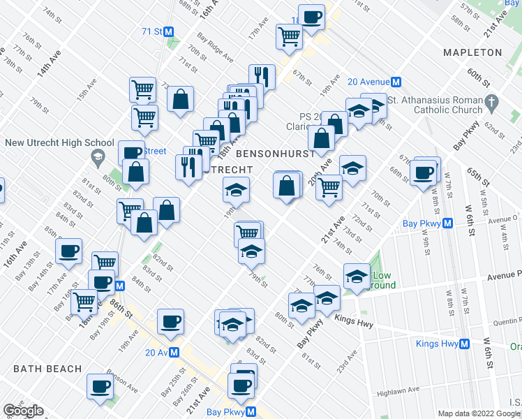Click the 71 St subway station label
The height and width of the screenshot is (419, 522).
click(x=151, y=31)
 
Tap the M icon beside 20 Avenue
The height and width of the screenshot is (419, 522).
click(x=395, y=81)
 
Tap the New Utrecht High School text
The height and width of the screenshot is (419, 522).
click(x=59, y=143)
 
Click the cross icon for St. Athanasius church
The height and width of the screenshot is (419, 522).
click(x=491, y=103)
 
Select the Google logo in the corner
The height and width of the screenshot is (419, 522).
click(x=23, y=411)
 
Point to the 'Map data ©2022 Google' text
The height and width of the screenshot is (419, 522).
click(x=479, y=413)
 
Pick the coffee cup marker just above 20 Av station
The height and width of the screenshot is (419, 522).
click(x=170, y=321)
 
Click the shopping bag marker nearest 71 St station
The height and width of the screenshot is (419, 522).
click(x=180, y=99)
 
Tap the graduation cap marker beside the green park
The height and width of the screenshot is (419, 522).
click(x=356, y=277)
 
